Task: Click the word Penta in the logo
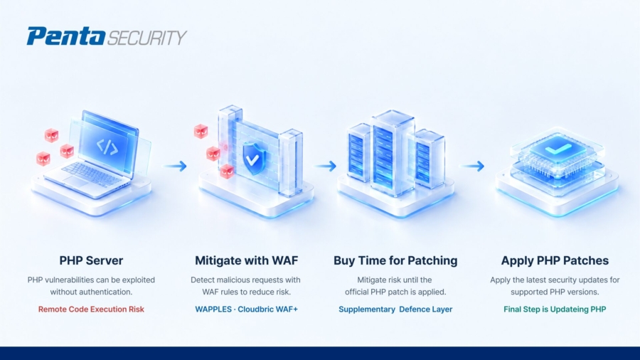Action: click(x=66, y=36)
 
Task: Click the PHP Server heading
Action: click(x=91, y=260)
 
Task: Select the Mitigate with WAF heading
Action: click(x=247, y=260)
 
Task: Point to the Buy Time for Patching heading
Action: click(x=395, y=260)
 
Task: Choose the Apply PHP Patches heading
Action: click(x=555, y=260)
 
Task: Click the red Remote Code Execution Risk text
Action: click(x=91, y=309)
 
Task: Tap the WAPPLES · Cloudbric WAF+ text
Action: click(x=247, y=309)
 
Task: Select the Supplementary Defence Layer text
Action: click(x=395, y=309)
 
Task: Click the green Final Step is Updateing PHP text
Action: click(x=555, y=309)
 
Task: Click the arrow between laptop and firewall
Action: click(x=175, y=166)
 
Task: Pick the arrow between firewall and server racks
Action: click(x=325, y=166)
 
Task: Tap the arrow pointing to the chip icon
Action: click(x=472, y=166)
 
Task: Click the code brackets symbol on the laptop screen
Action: click(x=107, y=147)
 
